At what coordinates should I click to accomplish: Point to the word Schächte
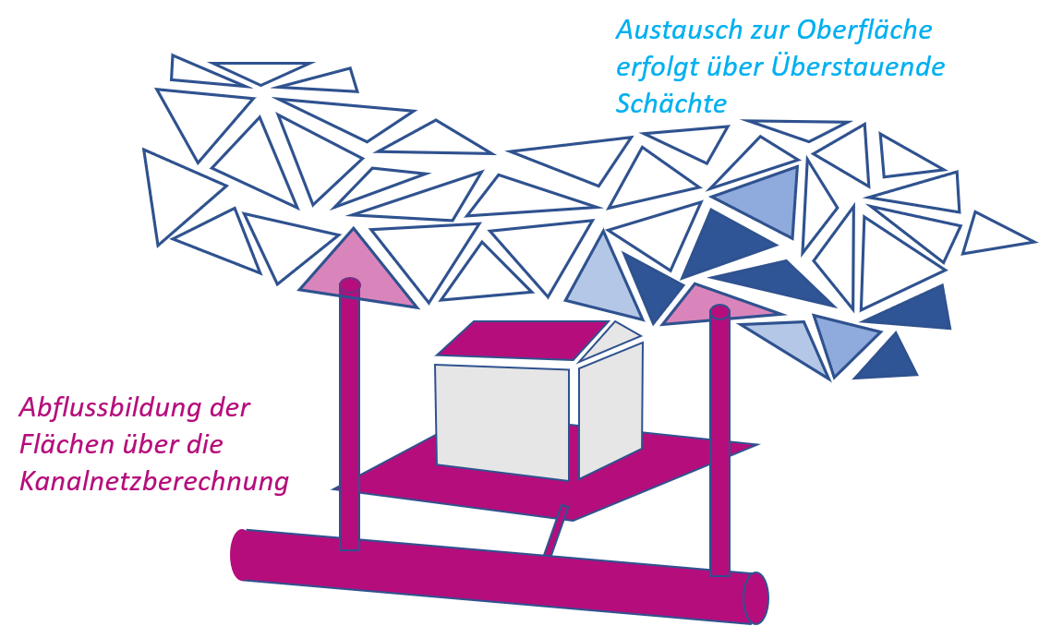[671, 104]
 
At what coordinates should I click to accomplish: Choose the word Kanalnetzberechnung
[154, 482]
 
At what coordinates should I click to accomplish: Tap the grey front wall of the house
[503, 420]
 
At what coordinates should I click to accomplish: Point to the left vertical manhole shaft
[349, 415]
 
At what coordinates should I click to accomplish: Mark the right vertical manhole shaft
[719, 443]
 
